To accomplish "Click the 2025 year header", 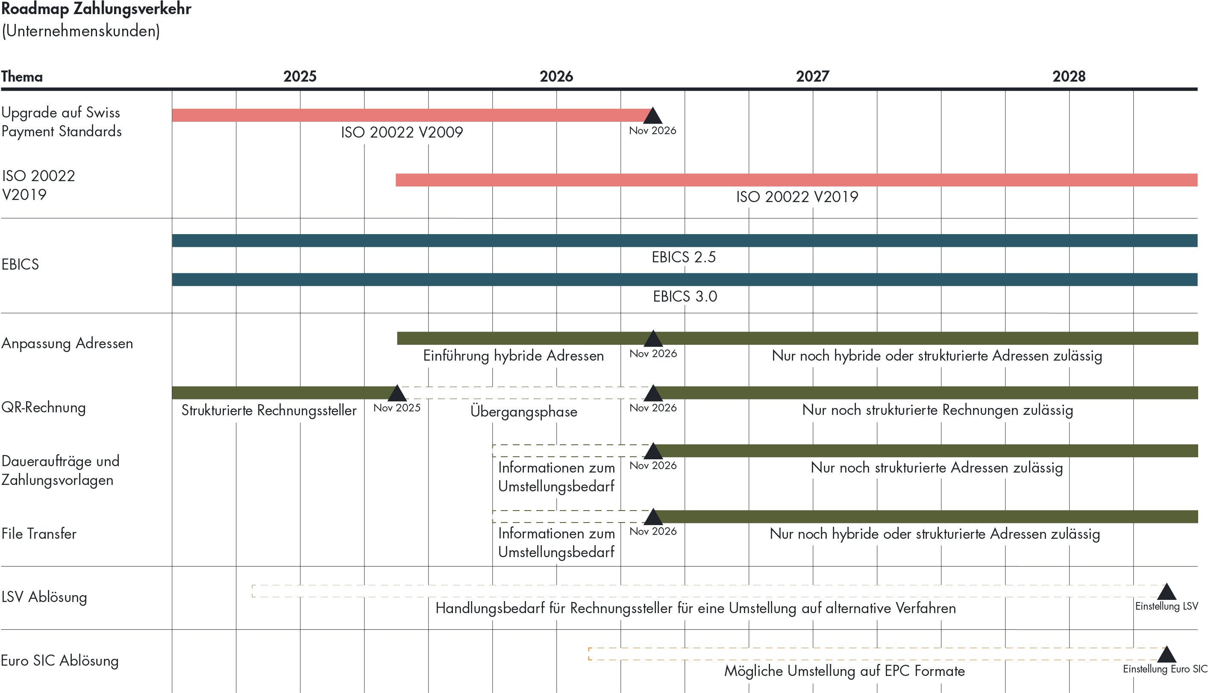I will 300,76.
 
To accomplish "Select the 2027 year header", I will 812,76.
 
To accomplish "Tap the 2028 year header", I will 1069,76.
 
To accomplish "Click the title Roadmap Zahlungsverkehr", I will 96,9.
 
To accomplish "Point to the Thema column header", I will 22,76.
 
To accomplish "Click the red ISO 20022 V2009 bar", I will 409,115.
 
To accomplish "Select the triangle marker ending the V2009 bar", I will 652,116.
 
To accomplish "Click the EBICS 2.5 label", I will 684,257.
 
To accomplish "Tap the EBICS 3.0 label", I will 685,297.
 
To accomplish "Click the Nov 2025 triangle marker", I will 397,393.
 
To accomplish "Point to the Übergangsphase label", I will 523,411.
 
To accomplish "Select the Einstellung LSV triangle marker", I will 1167,592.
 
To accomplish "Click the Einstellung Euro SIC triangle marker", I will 1167,655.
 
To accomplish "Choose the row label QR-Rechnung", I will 44,408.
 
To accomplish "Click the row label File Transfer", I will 39,534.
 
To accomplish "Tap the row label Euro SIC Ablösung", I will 60,661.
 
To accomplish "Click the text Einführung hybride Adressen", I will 513,355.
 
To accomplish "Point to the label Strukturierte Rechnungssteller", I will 269,410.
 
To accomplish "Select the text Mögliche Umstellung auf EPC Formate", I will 844,671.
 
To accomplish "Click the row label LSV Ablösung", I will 44,597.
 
